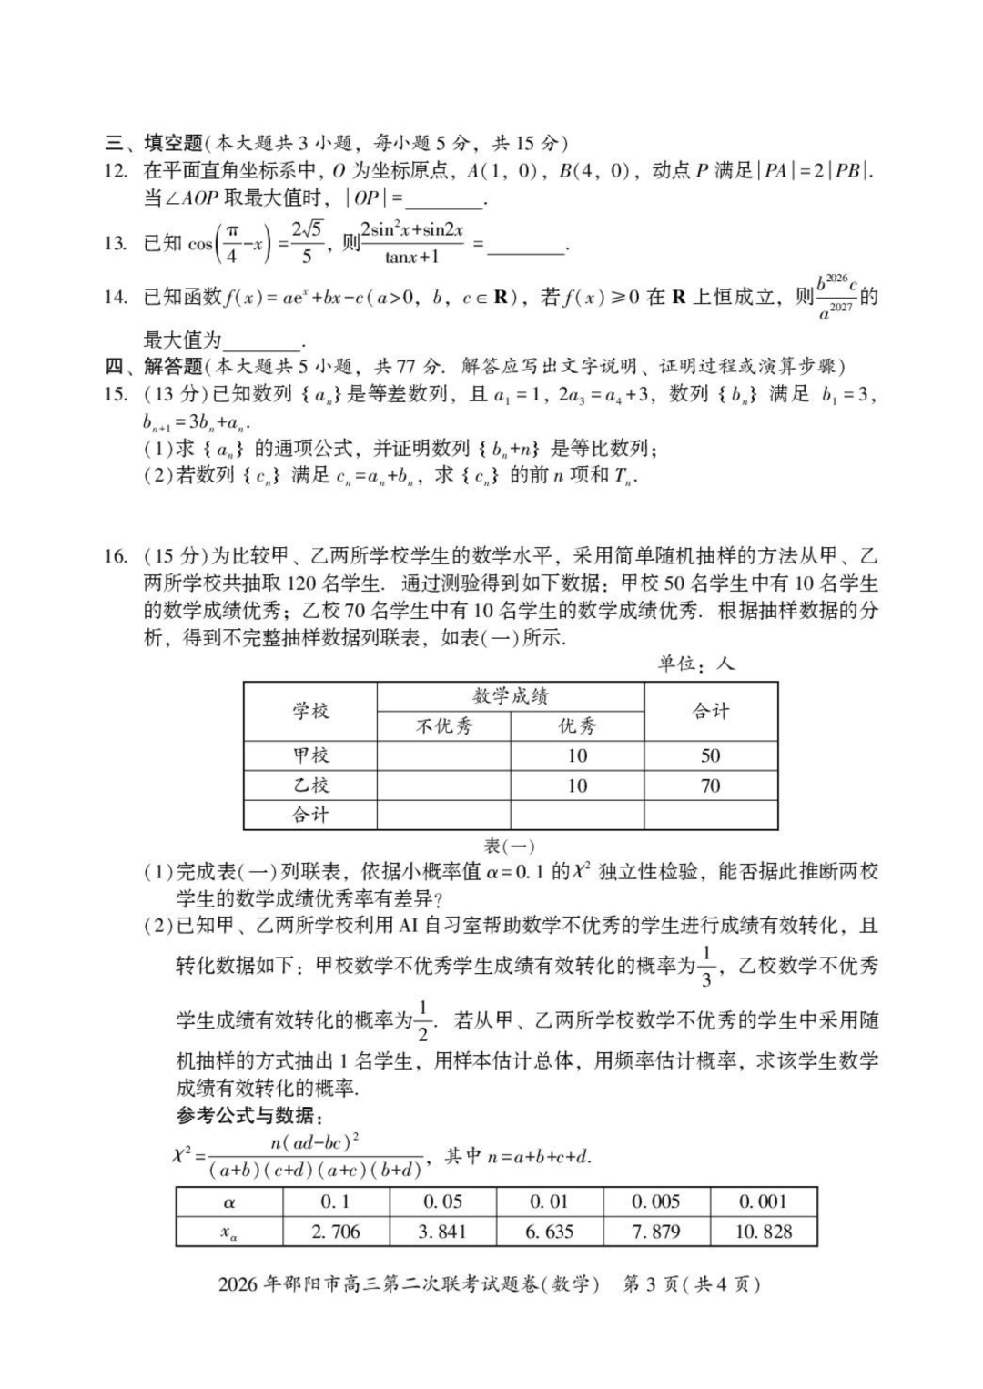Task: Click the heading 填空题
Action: coord(173,143)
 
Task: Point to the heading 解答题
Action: coord(173,366)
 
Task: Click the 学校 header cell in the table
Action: coord(310,711)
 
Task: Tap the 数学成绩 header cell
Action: coord(510,696)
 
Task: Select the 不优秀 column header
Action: coord(444,725)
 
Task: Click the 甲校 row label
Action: coord(310,755)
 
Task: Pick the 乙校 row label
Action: coord(310,786)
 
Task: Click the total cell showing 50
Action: coord(710,755)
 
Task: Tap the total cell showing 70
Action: coord(710,786)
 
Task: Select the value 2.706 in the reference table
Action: coord(335,1232)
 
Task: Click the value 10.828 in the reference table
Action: coord(763,1232)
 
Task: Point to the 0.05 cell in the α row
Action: coord(442,1201)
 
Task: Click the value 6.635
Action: coord(549,1232)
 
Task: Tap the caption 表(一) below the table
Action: coord(509,847)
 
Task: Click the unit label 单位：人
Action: coord(696,664)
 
